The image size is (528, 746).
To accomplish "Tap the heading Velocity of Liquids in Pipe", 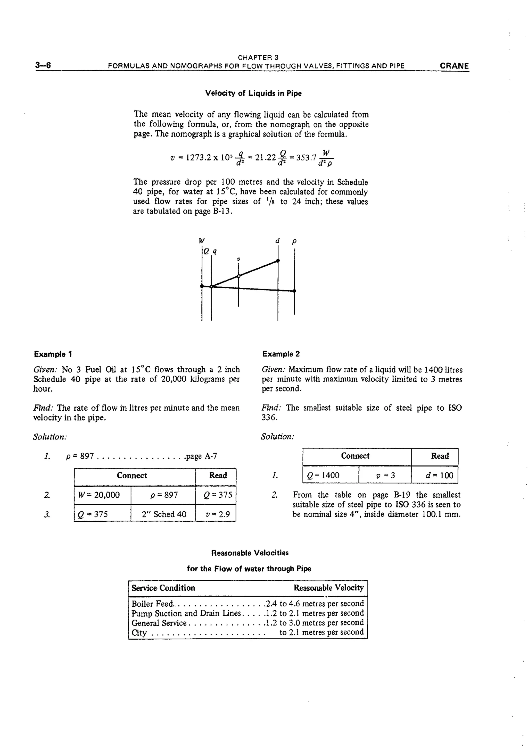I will pos(253,93).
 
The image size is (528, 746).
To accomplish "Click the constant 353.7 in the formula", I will pos(306,158).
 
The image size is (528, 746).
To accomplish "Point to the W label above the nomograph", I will pos(202,241).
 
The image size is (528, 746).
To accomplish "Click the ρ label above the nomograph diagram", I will pos(294,241).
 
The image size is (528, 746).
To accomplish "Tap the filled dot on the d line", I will pos(278,261).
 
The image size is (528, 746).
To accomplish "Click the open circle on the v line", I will pos(238,276).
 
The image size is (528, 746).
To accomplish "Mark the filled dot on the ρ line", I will pos(294,291).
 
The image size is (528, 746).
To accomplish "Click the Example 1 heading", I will pos(53,354).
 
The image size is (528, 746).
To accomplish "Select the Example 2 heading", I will pos(281,354).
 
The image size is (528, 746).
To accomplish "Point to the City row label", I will pos(139,633).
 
